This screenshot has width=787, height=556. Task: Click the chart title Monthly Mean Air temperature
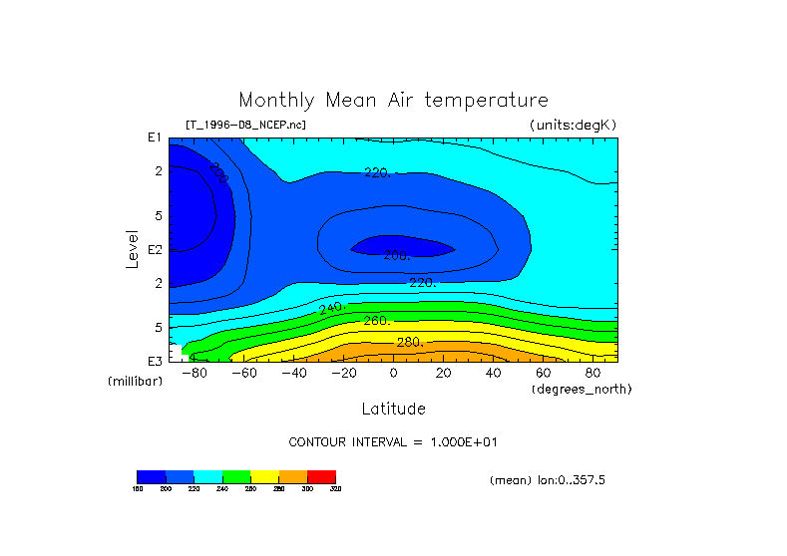point(393,101)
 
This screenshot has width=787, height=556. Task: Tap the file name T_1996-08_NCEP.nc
point(245,125)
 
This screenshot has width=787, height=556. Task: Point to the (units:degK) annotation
point(573,125)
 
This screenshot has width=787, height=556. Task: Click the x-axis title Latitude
point(393,409)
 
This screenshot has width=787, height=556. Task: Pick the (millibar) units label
point(135,382)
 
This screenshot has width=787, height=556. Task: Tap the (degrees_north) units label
point(581,389)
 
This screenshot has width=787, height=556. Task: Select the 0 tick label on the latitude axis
point(393,373)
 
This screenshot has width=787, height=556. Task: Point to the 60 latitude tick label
point(543,373)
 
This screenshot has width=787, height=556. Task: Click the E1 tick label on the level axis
point(155,138)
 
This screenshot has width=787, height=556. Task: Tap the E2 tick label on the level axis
point(155,249)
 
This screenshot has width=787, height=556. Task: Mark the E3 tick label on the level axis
point(155,361)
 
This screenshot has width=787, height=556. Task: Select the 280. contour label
point(409,343)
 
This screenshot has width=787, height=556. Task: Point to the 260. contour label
point(376,322)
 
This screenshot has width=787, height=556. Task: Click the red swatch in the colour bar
point(321,477)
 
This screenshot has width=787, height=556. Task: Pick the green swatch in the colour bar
point(236,477)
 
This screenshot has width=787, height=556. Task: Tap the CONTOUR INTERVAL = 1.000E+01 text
point(393,441)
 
